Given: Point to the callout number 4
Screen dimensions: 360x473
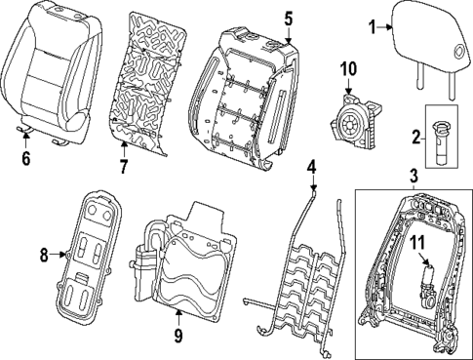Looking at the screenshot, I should (312, 168).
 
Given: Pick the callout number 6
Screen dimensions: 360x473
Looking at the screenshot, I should (25, 155).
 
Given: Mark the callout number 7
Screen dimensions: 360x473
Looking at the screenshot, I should (123, 166).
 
